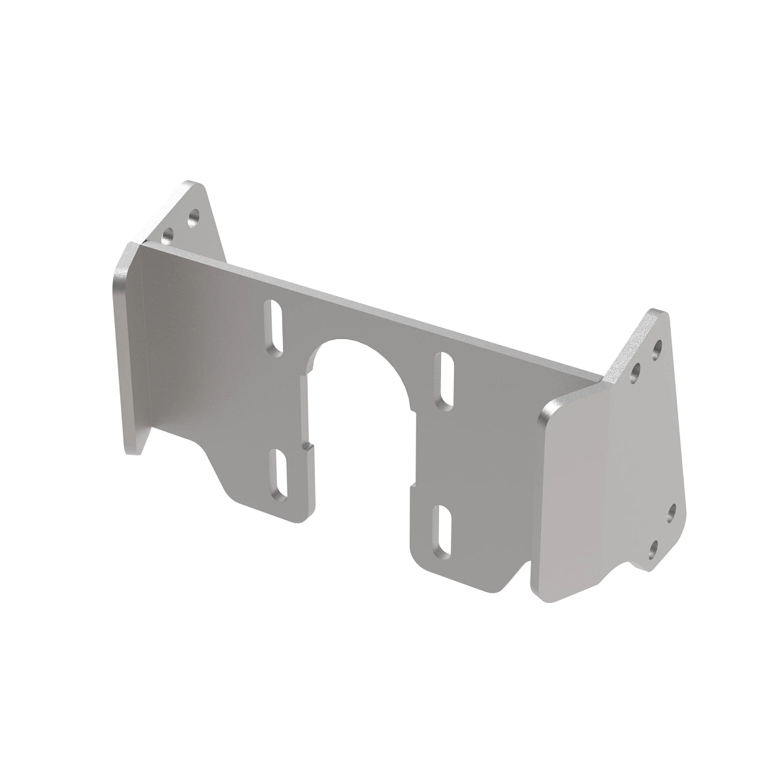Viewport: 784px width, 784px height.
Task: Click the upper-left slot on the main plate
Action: (x=275, y=325)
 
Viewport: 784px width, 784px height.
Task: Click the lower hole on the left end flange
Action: (x=169, y=233)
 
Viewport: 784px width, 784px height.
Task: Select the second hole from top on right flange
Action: (x=635, y=372)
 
